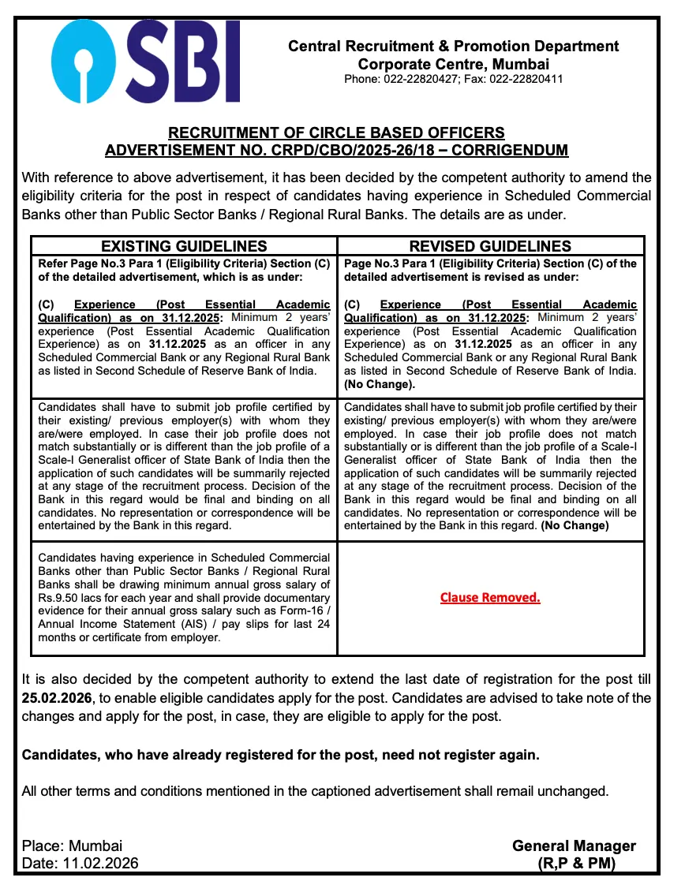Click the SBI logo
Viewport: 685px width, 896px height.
147,62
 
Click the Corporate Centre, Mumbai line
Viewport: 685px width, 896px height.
453,64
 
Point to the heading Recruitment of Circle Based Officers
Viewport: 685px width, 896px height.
337,133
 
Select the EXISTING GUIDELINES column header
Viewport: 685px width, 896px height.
184,246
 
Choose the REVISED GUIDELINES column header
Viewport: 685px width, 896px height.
490,246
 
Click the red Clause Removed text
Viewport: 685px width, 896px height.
490,597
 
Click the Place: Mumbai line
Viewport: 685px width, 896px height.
72,846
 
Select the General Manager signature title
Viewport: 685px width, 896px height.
574,846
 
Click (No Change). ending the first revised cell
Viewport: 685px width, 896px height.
380,385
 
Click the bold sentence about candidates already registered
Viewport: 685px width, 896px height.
281,755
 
